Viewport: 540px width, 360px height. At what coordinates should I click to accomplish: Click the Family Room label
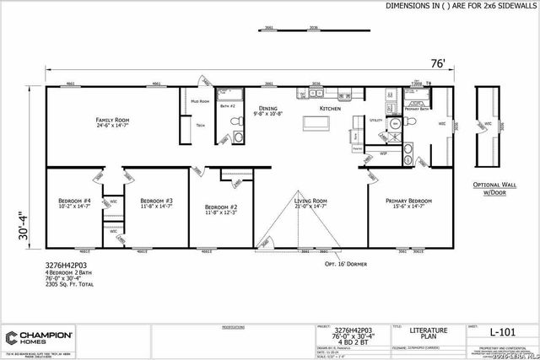click(112, 121)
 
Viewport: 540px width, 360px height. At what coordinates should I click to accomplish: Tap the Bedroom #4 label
click(74, 201)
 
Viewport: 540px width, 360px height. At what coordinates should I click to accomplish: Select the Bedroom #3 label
click(156, 201)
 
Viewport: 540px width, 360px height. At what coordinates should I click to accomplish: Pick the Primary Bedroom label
click(408, 201)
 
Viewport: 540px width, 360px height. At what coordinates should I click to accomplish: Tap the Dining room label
click(267, 109)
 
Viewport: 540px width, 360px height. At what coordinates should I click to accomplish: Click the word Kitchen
click(328, 109)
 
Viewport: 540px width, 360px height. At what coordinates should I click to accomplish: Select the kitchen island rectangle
click(317, 124)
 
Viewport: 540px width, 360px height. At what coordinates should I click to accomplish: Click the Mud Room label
click(199, 101)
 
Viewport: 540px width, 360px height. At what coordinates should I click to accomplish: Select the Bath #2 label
click(226, 106)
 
